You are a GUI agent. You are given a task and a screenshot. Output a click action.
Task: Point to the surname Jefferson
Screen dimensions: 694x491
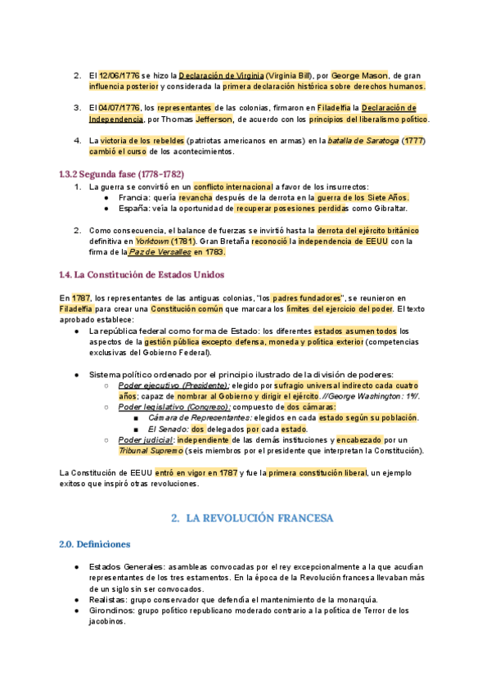point(215,119)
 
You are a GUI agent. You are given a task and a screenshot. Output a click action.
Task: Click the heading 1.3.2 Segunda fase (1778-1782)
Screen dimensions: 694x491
point(122,173)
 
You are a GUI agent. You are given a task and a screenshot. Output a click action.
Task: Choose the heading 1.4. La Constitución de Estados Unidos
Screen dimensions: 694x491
point(142,273)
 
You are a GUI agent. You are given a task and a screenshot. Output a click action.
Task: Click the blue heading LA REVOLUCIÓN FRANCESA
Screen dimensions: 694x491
point(259,518)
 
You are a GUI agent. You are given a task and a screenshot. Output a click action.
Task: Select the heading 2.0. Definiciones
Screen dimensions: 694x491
point(95,544)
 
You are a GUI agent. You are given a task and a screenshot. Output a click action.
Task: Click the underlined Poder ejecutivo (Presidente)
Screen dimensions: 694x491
point(173,385)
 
